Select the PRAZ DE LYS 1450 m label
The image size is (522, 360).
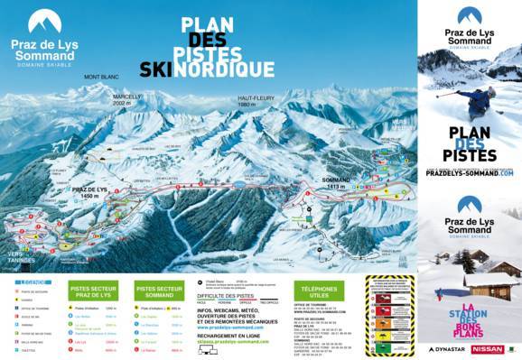pyautogui.click(x=89, y=192)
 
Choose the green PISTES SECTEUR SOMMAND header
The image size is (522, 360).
pyautogui.click(x=159, y=291)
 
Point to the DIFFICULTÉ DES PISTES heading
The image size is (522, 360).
pyautogui.click(x=225, y=295)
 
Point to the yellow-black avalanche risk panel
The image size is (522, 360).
pyautogui.click(x=390, y=315)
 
